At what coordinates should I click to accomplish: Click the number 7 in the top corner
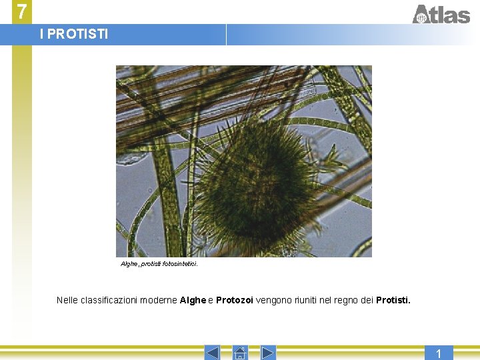coord(22,11)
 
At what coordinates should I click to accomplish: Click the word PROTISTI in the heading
coord(78,34)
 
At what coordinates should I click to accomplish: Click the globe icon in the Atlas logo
coord(421,18)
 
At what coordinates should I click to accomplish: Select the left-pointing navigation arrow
coord(211,353)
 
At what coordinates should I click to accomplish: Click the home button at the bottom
coord(240,353)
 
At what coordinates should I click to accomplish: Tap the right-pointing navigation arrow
coord(268,353)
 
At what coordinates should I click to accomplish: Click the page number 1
coord(438,353)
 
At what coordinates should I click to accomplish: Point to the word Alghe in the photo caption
coord(129,264)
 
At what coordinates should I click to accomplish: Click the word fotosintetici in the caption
coord(181,264)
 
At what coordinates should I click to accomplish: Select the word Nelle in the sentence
coord(67,301)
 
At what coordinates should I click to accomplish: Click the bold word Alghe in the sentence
coord(193,301)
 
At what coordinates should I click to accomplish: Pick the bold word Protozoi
coord(234,301)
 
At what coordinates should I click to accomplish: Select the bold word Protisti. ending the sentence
coord(393,301)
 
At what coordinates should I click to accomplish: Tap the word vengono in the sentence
coord(271,301)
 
